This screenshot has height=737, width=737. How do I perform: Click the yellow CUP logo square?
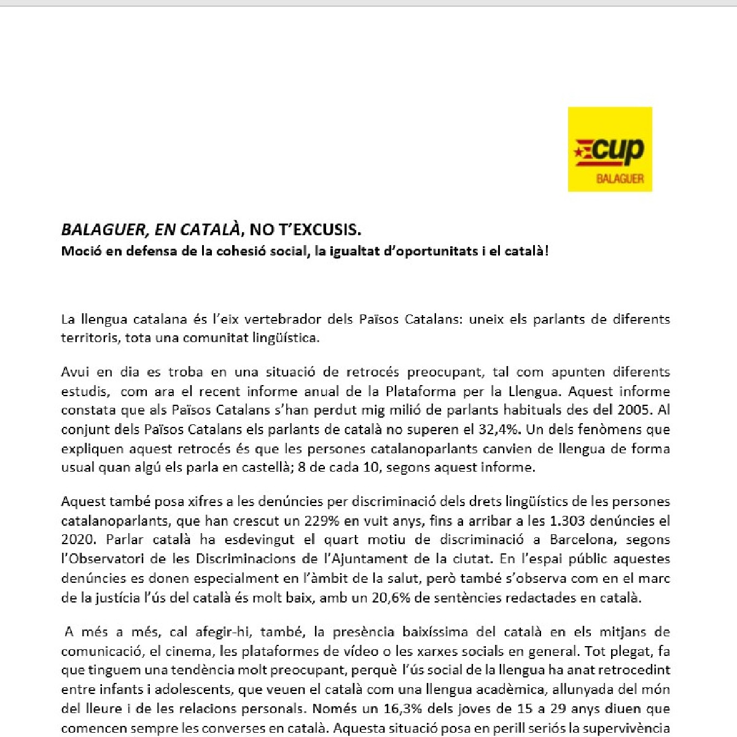point(609,149)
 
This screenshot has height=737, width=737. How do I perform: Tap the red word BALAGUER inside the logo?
point(620,179)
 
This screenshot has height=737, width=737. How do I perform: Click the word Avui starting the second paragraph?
point(74,372)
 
